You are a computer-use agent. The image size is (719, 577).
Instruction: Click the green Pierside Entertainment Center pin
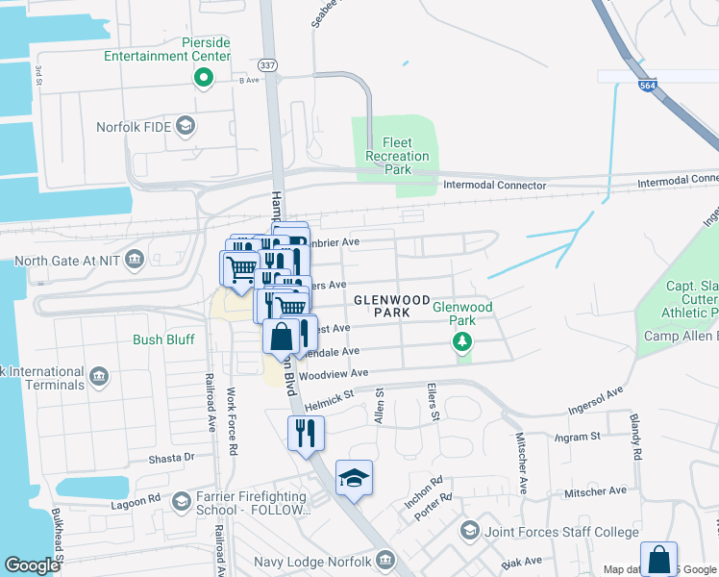203,78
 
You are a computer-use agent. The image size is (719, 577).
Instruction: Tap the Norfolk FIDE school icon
185,126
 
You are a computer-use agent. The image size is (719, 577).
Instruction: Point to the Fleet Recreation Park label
398,156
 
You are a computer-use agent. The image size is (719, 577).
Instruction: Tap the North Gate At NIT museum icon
134,259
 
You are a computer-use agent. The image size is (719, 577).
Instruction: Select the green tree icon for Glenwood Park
462,341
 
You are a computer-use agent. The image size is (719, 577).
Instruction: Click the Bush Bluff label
163,339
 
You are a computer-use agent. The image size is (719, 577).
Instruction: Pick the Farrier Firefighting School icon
181,500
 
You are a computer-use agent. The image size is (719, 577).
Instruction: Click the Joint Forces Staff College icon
469,531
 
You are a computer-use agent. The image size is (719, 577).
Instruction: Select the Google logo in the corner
32,565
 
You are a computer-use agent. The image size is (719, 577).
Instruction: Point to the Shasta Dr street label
171,458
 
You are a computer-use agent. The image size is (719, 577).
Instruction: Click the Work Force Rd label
230,412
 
